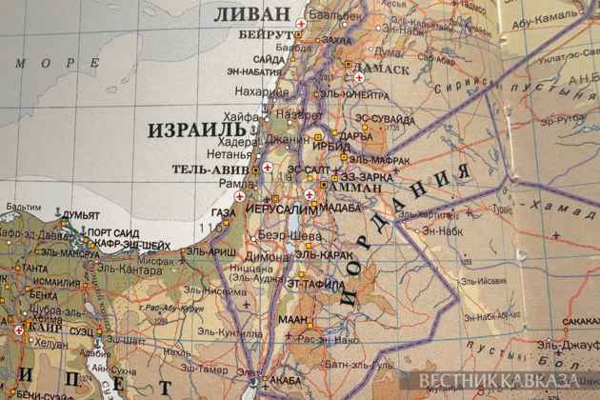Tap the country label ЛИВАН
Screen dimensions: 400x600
(252, 14)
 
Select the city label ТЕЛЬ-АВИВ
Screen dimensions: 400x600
(210, 170)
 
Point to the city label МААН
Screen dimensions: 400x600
(293, 319)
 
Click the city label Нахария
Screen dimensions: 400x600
(261, 91)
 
